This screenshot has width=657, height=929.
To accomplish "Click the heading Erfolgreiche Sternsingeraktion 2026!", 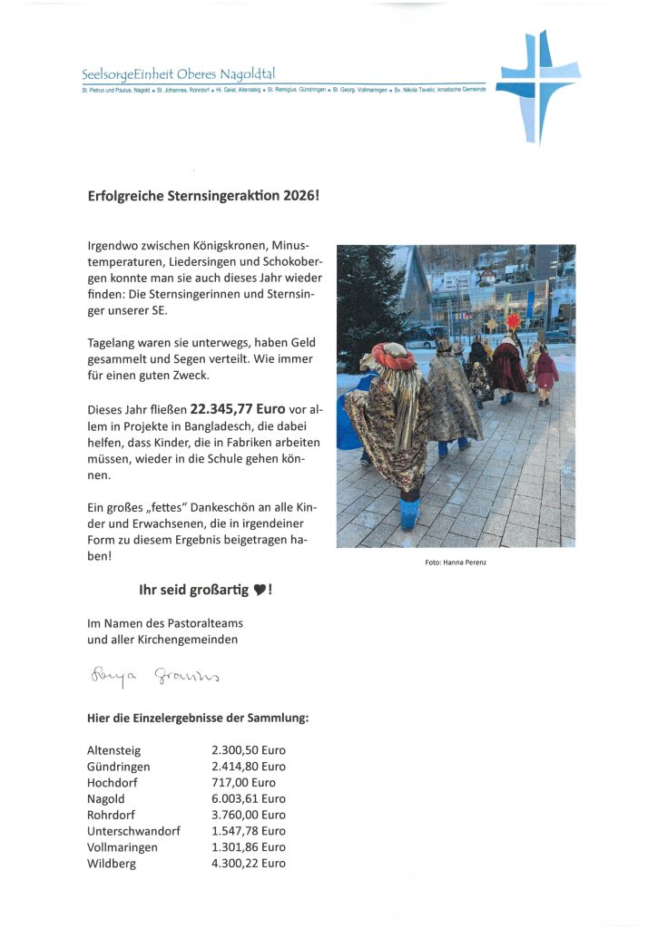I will pyautogui.click(x=203, y=195).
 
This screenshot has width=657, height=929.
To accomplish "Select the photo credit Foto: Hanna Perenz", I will pyautogui.click(x=455, y=562).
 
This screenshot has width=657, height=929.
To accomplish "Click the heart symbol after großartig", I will pyautogui.click(x=259, y=591).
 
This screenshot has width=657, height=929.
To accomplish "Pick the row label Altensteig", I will pyautogui.click(x=113, y=750).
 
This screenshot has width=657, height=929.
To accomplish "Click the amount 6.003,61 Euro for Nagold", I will pyautogui.click(x=248, y=798).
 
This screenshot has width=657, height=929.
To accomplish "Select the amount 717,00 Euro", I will pyautogui.click(x=243, y=782).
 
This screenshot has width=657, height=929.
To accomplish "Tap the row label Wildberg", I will pyautogui.click(x=111, y=863).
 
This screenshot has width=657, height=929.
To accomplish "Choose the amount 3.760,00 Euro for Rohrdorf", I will pyautogui.click(x=248, y=815).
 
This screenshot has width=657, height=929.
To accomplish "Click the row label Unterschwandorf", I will pyautogui.click(x=133, y=831).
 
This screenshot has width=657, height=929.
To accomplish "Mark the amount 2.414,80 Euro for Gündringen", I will pyautogui.click(x=248, y=767).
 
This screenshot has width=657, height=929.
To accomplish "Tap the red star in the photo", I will pyautogui.click(x=514, y=320).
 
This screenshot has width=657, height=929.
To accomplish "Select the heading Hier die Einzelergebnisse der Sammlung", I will pyautogui.click(x=198, y=719).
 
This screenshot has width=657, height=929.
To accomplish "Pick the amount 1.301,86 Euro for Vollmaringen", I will pyautogui.click(x=248, y=846).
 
